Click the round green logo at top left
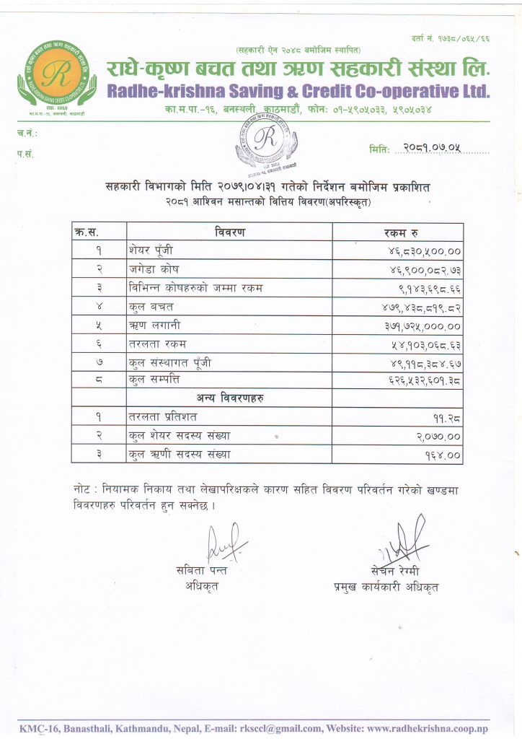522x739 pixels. coord(56,74)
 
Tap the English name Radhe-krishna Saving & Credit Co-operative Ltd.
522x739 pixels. coord(298,92)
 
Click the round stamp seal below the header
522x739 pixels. coord(266,142)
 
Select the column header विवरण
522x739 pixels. coord(230,232)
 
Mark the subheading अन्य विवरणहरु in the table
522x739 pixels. coord(230,398)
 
